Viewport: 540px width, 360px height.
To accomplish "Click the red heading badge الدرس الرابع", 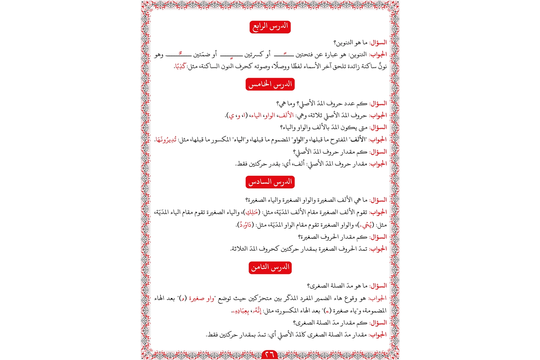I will [270, 27].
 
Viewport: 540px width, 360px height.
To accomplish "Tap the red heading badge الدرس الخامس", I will [270, 84].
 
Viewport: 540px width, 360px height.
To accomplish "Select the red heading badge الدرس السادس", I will [270, 182].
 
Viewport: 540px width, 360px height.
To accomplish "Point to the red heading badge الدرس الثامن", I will [270, 267].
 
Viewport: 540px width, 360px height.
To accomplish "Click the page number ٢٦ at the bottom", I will [270, 355].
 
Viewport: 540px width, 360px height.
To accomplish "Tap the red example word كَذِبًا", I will [180, 66].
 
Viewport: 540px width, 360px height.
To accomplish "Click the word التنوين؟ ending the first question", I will [343, 43].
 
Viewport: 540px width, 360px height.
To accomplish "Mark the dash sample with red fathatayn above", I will [284, 55].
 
